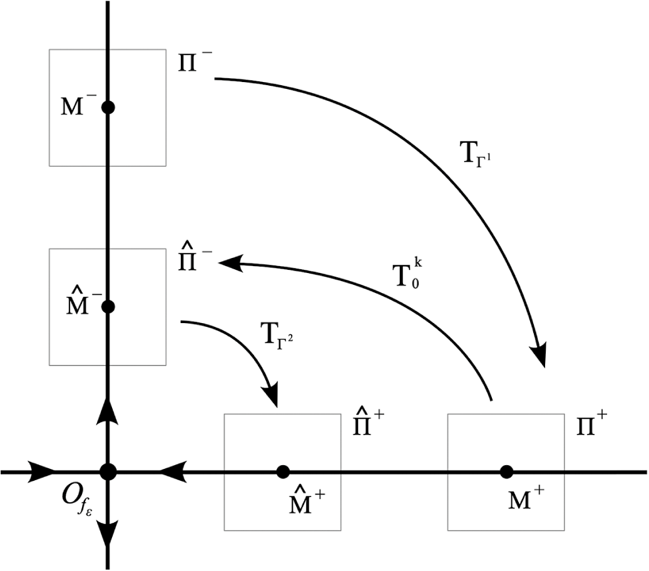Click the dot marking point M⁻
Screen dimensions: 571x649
coord(108,107)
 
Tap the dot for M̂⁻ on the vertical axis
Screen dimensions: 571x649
coord(108,307)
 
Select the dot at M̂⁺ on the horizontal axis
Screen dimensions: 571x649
coord(282,471)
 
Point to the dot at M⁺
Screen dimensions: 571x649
coord(506,471)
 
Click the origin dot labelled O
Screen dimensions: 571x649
coord(108,471)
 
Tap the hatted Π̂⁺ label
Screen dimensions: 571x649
coord(370,428)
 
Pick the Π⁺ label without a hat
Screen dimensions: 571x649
coord(592,428)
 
